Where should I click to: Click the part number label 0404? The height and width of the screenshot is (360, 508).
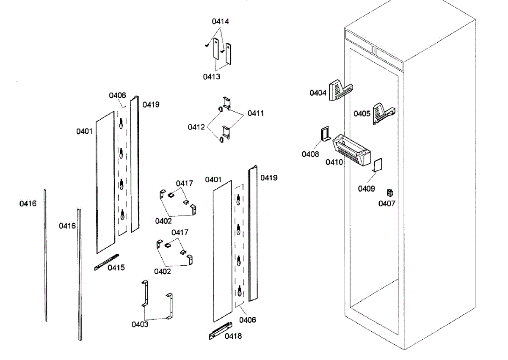318,93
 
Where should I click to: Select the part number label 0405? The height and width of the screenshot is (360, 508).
362,113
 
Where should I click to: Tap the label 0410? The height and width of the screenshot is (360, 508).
334,162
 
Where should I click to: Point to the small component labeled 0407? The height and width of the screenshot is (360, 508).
390,193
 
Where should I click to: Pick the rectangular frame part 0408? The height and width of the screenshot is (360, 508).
325,134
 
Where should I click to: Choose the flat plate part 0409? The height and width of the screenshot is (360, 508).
377,165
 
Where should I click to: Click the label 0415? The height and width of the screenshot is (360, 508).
116,267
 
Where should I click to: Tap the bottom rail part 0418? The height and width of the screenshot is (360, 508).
221,331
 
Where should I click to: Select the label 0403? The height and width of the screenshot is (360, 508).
140,324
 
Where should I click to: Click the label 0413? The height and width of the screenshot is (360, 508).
212,77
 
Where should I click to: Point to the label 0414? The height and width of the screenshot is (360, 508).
221,21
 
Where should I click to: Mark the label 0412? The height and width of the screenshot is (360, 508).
196,127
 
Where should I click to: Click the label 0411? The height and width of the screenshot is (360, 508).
256,113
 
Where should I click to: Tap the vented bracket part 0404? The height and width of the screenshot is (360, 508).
341,90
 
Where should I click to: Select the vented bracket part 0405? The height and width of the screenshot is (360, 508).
384,114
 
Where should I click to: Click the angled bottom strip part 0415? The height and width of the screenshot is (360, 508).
107,262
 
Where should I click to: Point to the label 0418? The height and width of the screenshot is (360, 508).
233,336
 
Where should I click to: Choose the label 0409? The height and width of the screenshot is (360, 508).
367,189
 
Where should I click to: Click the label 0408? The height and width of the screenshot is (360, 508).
310,154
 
